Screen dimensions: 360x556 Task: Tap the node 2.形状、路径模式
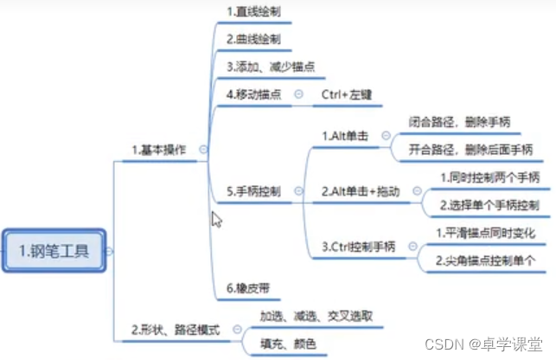pyautogui.click(x=176, y=330)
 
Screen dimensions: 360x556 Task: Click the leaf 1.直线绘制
pyautogui.click(x=253, y=11)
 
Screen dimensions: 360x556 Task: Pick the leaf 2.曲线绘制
pyautogui.click(x=253, y=39)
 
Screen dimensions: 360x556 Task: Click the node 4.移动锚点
pyautogui.click(x=256, y=93)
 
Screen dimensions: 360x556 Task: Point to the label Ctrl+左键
pyautogui.click(x=347, y=93)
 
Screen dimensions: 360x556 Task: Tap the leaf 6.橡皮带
pyautogui.click(x=247, y=287)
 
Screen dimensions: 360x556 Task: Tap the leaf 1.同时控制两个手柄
pyautogui.click(x=489, y=177)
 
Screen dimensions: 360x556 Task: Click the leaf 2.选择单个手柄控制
pyautogui.click(x=489, y=205)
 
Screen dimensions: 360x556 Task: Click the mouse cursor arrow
pyautogui.click(x=216, y=219)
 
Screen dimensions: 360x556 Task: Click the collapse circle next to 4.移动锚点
pyautogui.click(x=298, y=93)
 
